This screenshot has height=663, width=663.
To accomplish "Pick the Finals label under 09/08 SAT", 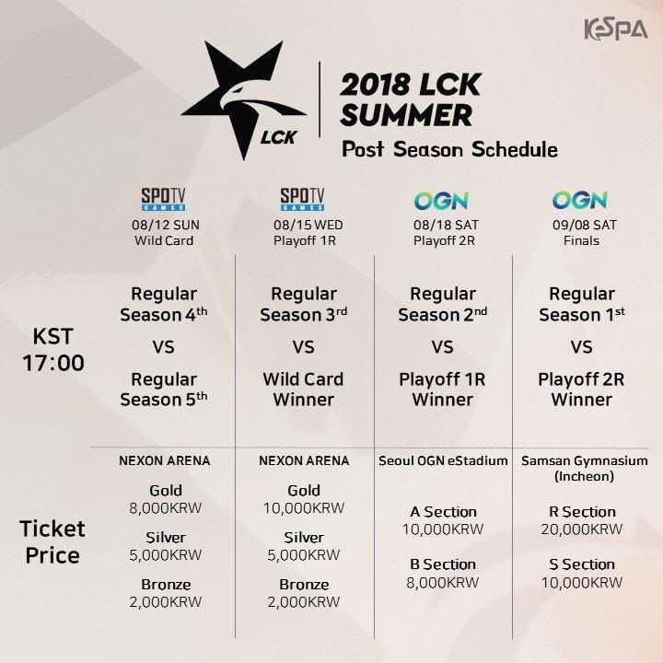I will [x=580, y=241].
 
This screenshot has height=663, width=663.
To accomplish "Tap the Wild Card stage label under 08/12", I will [x=165, y=241].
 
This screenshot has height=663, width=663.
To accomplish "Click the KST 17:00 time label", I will [x=54, y=349].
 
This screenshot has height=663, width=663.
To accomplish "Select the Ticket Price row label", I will [x=52, y=542].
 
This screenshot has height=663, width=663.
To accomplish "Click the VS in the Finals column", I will [x=580, y=348].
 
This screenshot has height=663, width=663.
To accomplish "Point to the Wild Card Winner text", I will [x=303, y=390].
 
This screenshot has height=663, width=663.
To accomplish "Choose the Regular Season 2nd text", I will [x=442, y=305].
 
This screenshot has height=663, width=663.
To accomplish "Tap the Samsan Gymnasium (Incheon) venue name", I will [x=580, y=468].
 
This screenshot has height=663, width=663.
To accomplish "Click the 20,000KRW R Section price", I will [x=580, y=529].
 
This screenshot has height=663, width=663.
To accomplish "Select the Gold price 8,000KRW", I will [x=165, y=507].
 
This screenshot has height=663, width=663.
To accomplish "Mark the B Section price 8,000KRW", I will [x=442, y=582].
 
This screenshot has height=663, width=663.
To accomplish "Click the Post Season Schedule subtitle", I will [x=448, y=149].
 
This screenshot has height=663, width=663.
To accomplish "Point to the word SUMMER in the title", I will [x=406, y=114].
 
